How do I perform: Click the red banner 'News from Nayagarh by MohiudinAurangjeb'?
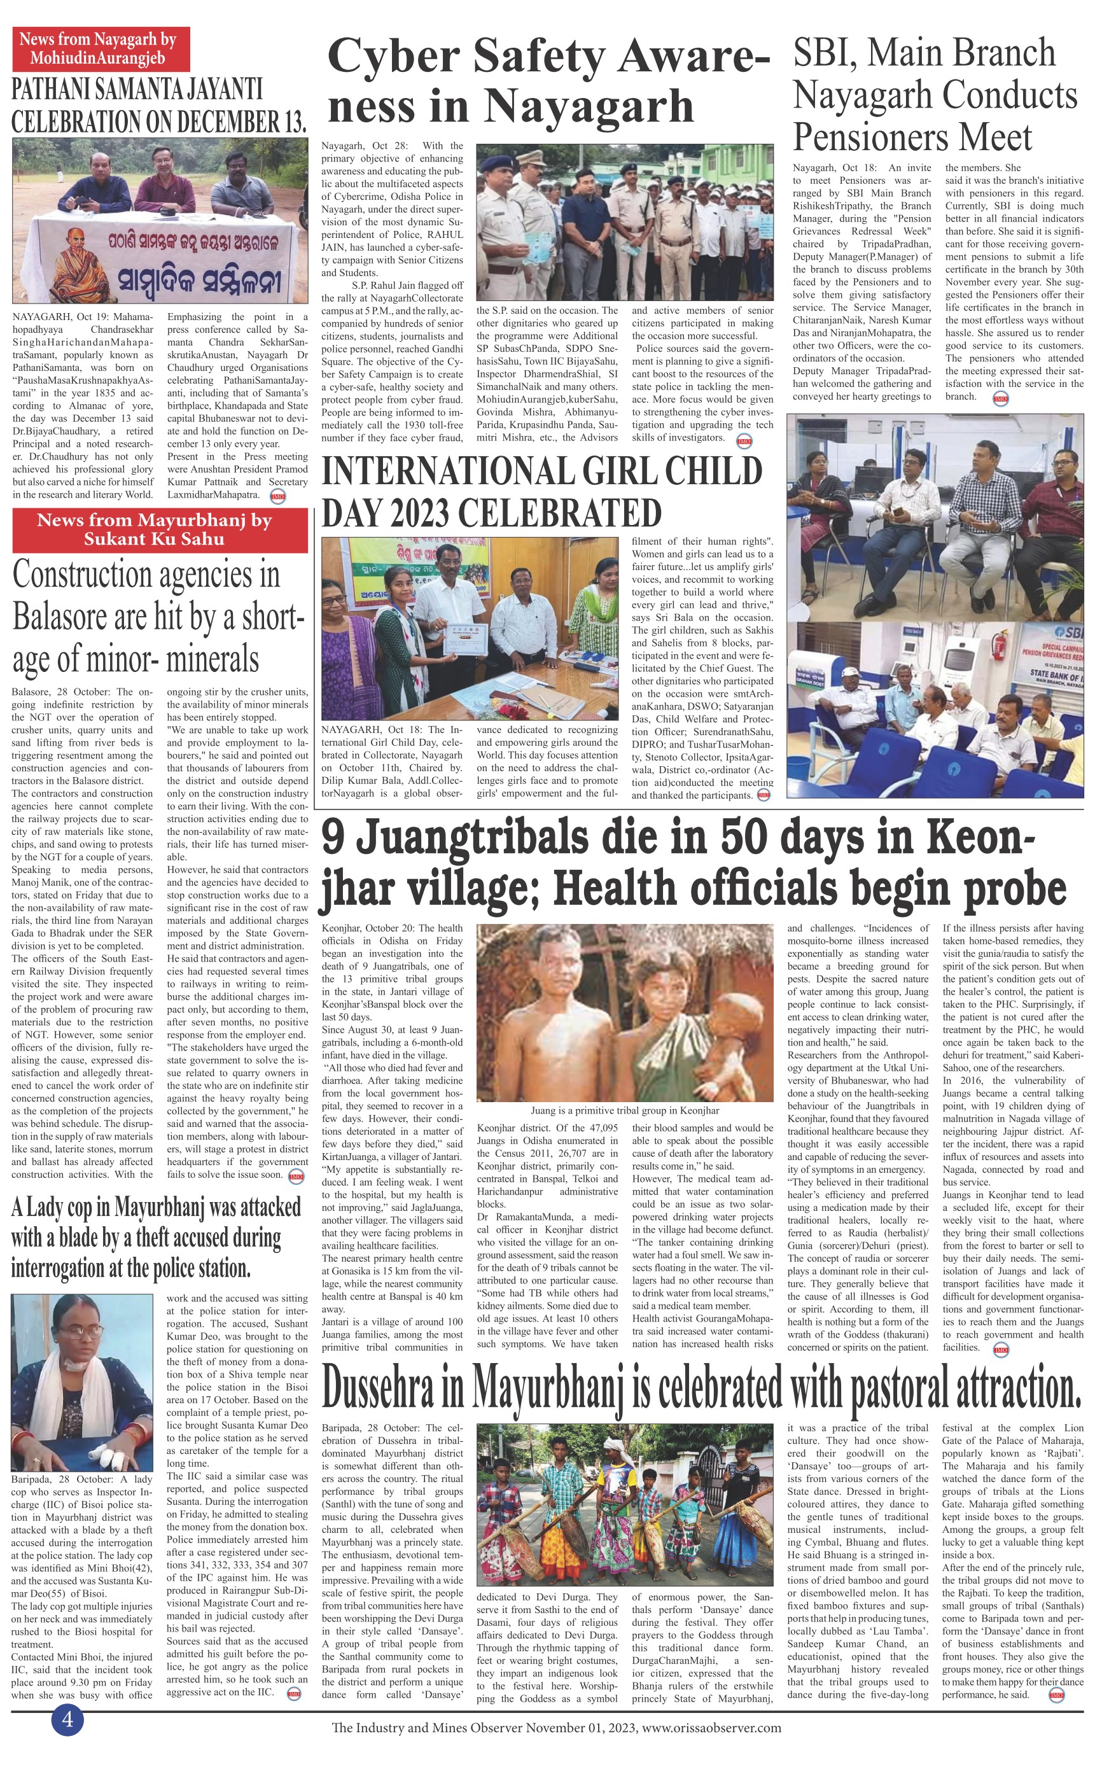point(101,48)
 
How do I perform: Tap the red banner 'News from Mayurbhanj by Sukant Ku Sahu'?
point(154,529)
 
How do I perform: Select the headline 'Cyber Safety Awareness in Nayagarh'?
point(548,82)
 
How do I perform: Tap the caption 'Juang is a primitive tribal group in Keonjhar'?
point(624,1110)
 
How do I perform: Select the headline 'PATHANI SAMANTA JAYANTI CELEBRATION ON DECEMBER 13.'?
point(158,106)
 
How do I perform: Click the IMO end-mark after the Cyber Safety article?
point(743,441)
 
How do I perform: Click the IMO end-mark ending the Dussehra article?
point(1056,1695)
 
